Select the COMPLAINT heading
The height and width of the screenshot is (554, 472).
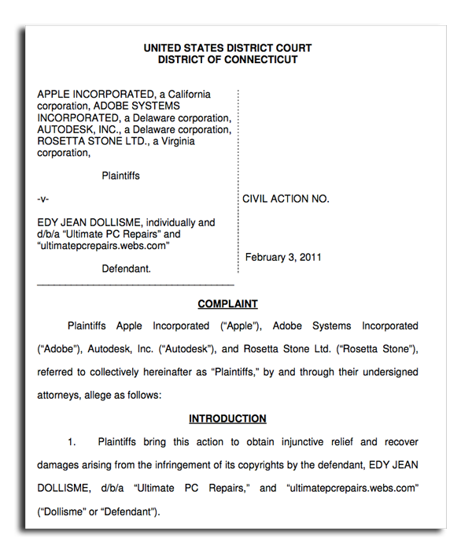pyautogui.click(x=227, y=304)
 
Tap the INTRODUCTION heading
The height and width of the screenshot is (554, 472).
pyautogui.click(x=227, y=419)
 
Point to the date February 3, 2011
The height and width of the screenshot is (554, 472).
pyautogui.click(x=282, y=258)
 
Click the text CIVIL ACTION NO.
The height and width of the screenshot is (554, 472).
pyautogui.click(x=286, y=199)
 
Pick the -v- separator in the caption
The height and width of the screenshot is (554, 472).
pyautogui.click(x=44, y=199)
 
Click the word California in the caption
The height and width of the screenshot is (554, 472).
pyautogui.click(x=184, y=95)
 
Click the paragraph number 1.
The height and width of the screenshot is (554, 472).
pyautogui.click(x=72, y=442)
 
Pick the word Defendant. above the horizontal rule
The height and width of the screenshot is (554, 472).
pyautogui.click(x=127, y=269)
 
